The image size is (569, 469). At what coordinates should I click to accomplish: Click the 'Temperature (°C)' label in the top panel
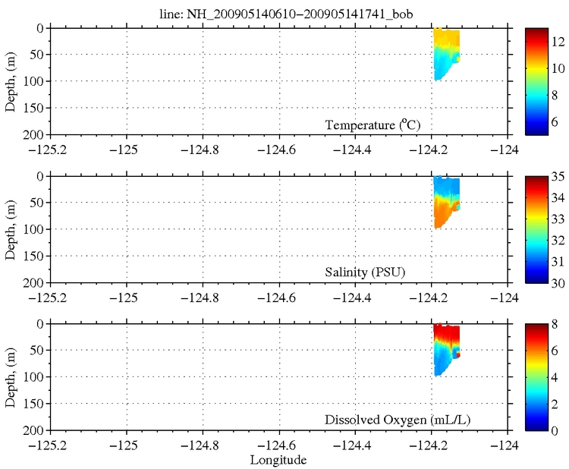pos(373,124)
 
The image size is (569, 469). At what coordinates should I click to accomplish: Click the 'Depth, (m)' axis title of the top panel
pos(11,81)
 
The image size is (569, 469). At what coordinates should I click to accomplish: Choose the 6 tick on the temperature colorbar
pos(556,121)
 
